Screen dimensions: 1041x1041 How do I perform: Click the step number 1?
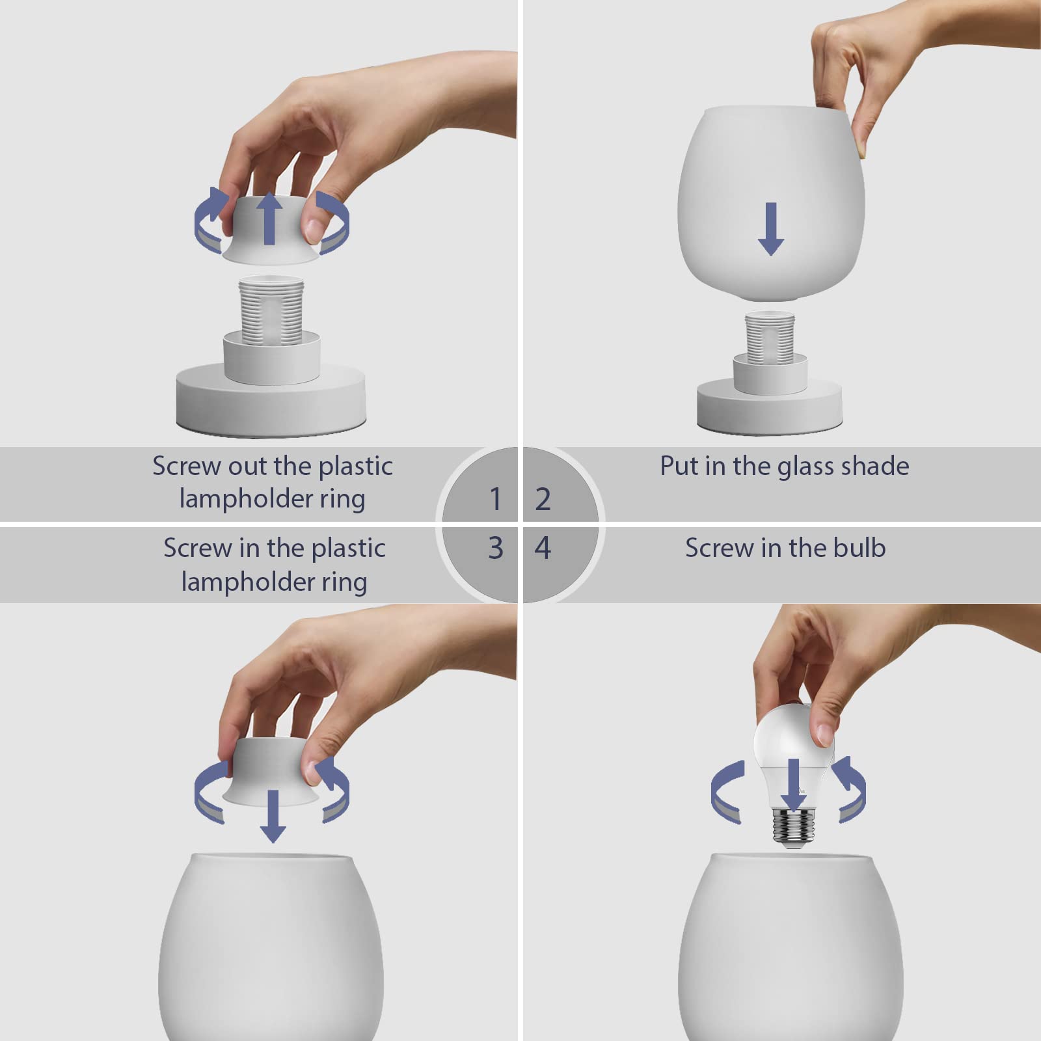click(x=495, y=499)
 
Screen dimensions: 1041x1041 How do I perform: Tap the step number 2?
click(x=543, y=499)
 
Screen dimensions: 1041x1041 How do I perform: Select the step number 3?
click(x=495, y=548)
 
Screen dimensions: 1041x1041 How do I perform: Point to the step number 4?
click(x=543, y=548)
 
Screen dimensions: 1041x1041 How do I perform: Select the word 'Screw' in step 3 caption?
click(x=198, y=548)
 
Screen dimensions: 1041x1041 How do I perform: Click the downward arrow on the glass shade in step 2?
click(x=771, y=228)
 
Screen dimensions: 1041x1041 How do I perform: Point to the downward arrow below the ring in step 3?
click(x=273, y=816)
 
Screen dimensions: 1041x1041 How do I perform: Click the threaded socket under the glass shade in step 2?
click(x=770, y=336)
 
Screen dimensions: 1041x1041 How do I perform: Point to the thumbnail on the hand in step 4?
click(x=825, y=734)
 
